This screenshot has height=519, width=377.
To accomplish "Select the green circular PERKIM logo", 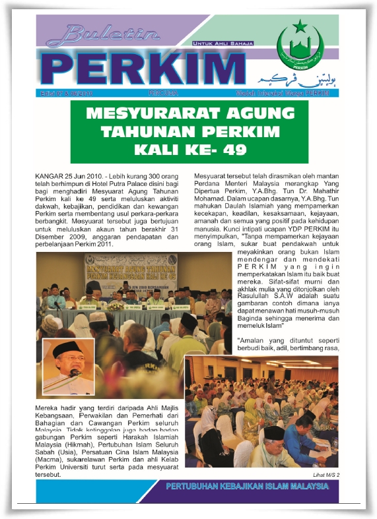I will click(300, 45).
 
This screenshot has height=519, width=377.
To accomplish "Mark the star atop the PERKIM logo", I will click(300, 27).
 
